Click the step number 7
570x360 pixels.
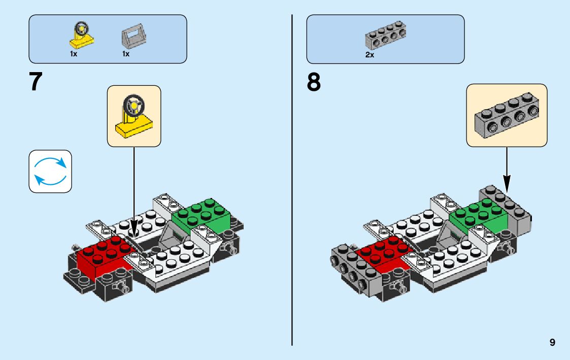click(x=36, y=82)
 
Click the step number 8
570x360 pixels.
click(x=314, y=82)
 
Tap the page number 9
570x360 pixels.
click(x=552, y=343)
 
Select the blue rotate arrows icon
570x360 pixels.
click(x=50, y=171)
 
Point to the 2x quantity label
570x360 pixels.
click(x=370, y=55)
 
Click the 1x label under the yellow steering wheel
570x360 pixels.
click(x=74, y=54)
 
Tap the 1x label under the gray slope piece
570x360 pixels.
click(x=126, y=54)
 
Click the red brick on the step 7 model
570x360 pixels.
click(x=102, y=253)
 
